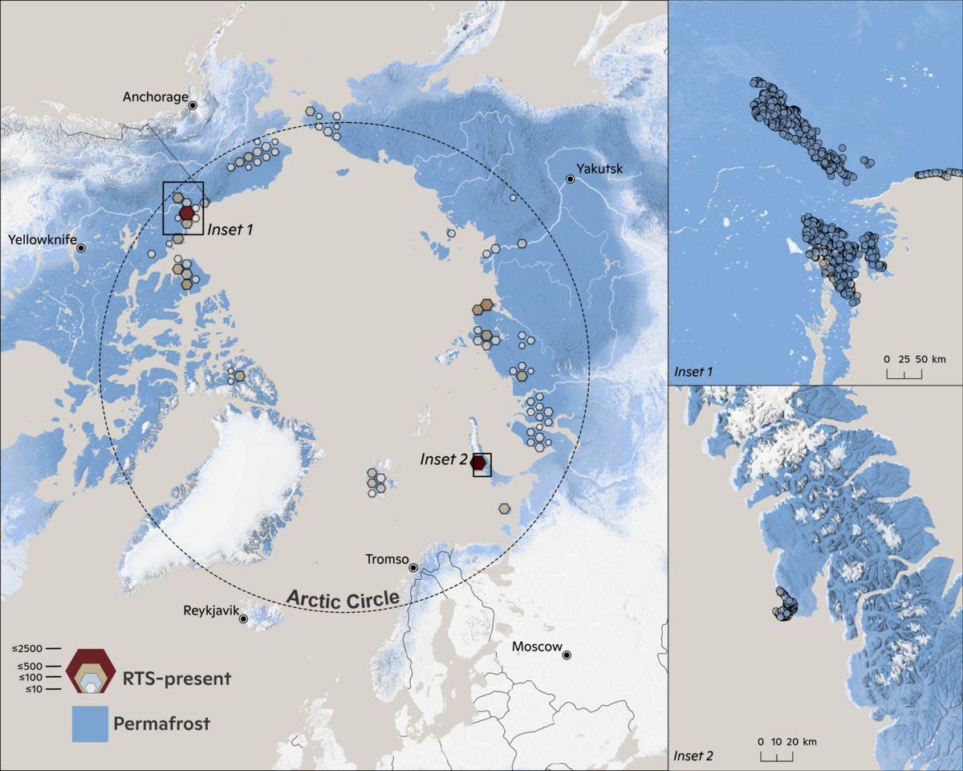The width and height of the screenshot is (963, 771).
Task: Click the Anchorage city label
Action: click(x=153, y=97)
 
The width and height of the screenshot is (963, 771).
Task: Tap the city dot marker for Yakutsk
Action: click(x=570, y=179)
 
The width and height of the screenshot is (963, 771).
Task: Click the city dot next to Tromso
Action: click(x=412, y=568)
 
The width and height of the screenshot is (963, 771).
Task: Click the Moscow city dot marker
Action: click(x=567, y=655)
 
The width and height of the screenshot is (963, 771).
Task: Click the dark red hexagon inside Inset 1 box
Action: click(x=186, y=213)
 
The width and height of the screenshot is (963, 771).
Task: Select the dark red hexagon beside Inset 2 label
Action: click(x=478, y=463)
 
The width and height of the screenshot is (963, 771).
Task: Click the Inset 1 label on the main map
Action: click(x=230, y=230)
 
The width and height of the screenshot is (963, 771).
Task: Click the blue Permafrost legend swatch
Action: click(x=89, y=724)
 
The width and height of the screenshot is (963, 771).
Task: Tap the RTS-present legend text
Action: click(x=177, y=679)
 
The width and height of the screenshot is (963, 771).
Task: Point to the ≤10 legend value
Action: click(x=31, y=689)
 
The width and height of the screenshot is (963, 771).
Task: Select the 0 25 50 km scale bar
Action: click(x=904, y=365)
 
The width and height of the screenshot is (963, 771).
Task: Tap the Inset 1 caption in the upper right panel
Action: click(x=693, y=371)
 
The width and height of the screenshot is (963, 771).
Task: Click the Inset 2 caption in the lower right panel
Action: click(x=693, y=756)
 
